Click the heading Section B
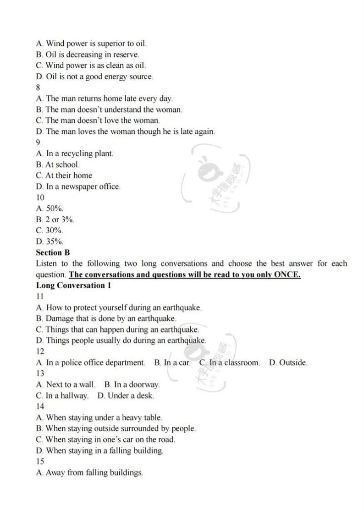tap(53, 252)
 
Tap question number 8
tap(38, 87)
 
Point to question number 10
tap(40, 197)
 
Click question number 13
tap(40, 373)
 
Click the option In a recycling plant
tap(74, 153)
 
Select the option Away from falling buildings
tap(89, 472)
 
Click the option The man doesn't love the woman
tap(98, 120)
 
